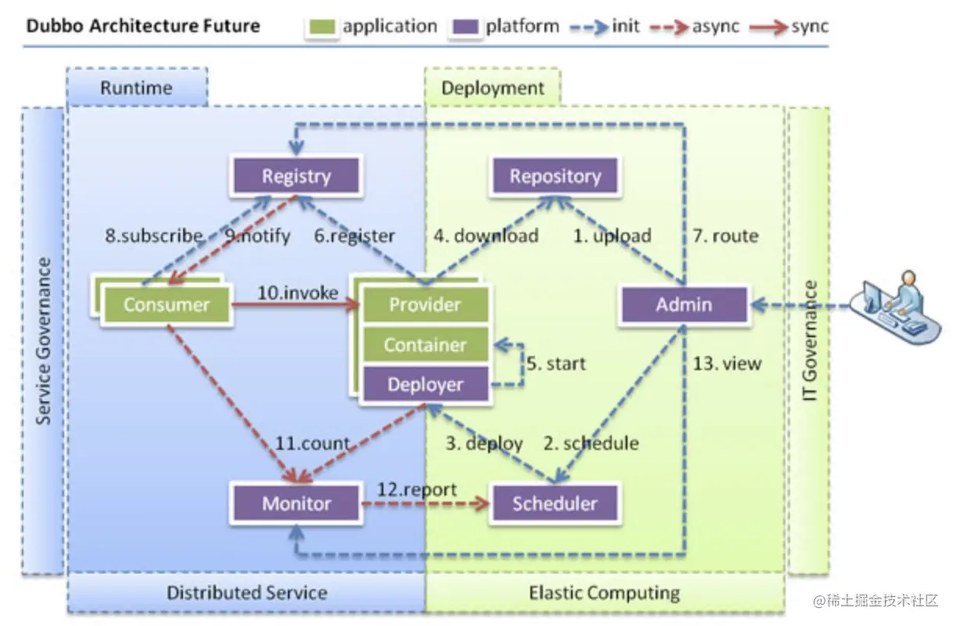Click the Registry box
point(297,176)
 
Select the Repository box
point(555,176)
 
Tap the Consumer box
point(167,304)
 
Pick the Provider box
point(426,304)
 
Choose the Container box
point(426,344)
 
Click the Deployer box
point(426,384)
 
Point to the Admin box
point(684,304)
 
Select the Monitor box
point(297,504)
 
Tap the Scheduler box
point(555,504)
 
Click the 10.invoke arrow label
point(298,293)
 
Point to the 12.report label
point(417,490)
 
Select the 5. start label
point(555,364)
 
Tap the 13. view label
point(727,364)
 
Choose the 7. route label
point(725,236)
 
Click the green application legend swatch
point(322,27)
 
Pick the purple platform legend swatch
point(465,27)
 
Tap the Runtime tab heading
point(137,88)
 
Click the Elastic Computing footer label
point(604,592)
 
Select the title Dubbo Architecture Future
point(143,26)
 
